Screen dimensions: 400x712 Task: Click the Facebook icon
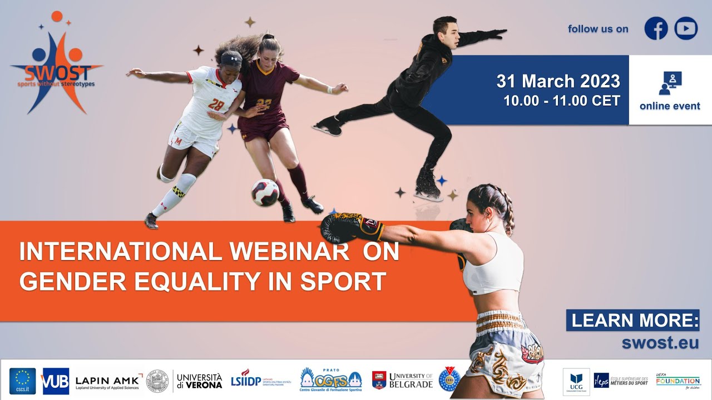click(656, 28)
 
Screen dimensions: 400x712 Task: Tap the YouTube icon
click(686, 28)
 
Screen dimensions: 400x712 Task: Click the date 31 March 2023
click(558, 82)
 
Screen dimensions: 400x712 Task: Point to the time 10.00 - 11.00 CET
click(561, 101)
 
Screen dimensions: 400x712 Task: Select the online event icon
click(670, 83)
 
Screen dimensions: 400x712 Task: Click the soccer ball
click(265, 192)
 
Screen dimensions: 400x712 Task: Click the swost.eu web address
click(660, 343)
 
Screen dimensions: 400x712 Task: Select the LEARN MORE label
click(632, 321)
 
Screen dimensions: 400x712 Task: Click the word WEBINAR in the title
click(290, 252)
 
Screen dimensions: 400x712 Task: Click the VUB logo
click(56, 381)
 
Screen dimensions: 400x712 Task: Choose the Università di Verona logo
click(199, 381)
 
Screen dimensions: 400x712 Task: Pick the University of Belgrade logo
click(402, 381)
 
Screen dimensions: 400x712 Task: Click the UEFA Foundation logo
click(678, 381)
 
